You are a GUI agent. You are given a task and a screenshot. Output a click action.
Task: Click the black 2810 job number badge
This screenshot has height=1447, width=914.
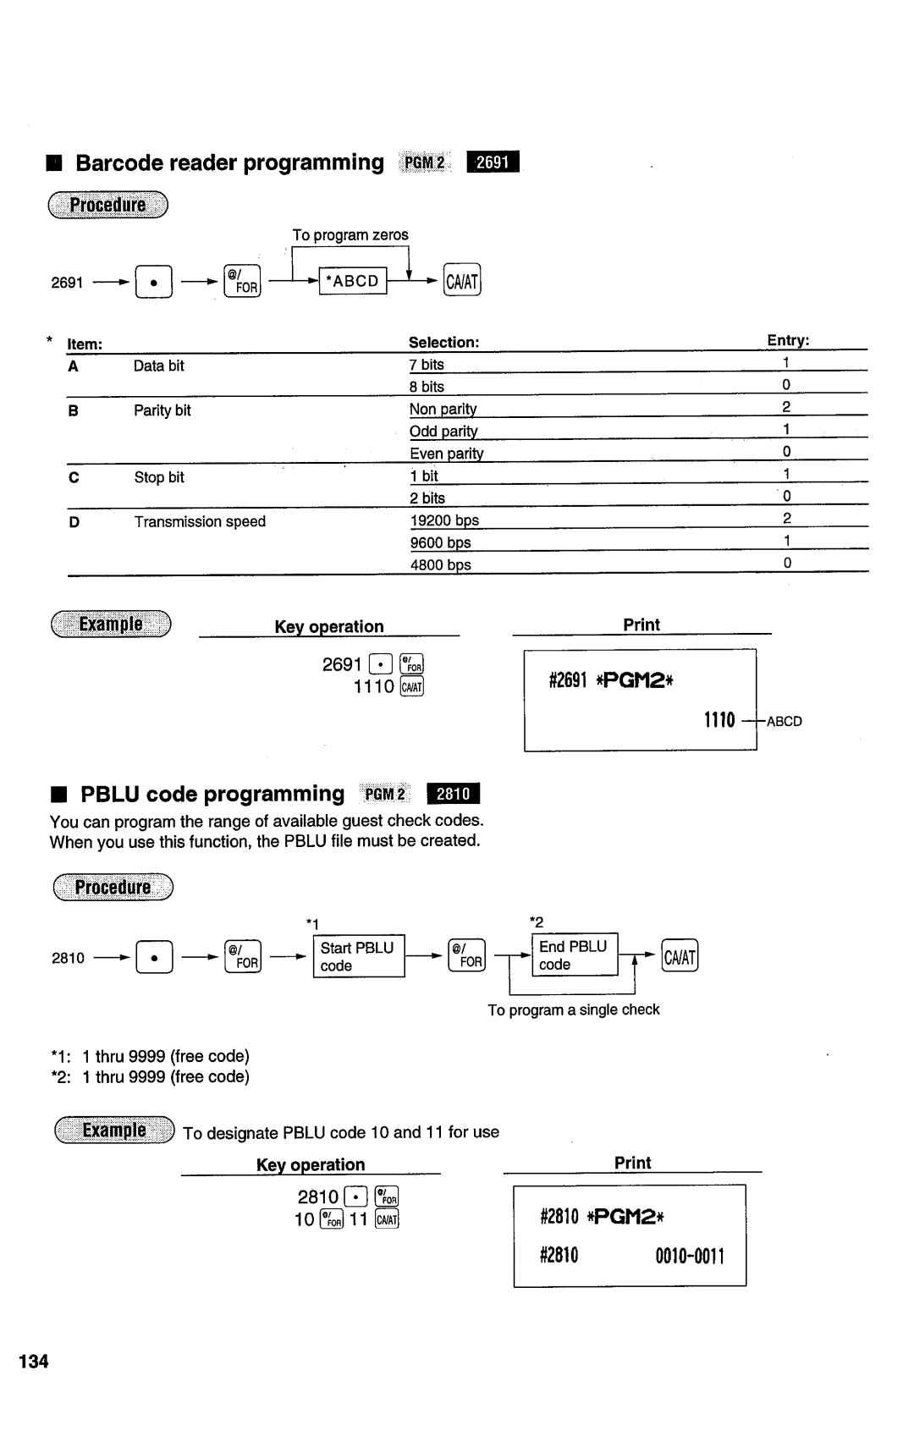[454, 794]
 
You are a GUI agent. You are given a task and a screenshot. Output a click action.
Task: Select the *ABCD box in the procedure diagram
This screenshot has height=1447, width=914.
[353, 280]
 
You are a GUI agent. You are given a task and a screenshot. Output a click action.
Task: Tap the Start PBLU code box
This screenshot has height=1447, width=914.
[359, 957]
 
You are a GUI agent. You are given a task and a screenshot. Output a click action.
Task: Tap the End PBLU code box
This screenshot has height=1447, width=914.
[575, 955]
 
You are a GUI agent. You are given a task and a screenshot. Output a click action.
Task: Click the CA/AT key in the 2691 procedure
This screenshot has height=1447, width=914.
[463, 280]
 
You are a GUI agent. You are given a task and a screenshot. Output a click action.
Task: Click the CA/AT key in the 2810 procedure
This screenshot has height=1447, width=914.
[680, 957]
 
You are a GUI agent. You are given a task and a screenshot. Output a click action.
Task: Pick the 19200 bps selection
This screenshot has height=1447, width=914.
[444, 520]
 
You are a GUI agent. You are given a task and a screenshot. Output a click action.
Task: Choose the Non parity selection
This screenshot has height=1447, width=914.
[443, 410]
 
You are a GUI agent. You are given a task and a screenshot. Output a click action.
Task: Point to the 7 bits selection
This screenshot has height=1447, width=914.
[427, 365]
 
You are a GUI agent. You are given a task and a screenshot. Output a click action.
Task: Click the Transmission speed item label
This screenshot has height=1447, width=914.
[200, 521]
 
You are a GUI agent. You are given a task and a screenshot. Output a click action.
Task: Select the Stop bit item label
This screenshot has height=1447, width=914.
[159, 477]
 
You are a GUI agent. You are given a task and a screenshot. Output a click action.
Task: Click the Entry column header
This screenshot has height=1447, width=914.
[788, 340]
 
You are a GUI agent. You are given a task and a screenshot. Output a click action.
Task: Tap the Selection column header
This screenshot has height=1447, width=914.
[443, 342]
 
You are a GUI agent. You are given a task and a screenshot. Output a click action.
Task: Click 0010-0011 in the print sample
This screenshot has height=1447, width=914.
[690, 1256]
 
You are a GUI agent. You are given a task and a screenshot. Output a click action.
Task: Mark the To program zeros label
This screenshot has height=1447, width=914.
[350, 234]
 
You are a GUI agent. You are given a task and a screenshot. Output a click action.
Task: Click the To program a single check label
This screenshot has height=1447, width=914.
[573, 1010]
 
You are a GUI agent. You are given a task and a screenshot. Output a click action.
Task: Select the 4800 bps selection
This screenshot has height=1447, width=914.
[440, 564]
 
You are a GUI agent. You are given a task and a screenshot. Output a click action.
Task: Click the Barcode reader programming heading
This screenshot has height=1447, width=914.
[229, 162]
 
